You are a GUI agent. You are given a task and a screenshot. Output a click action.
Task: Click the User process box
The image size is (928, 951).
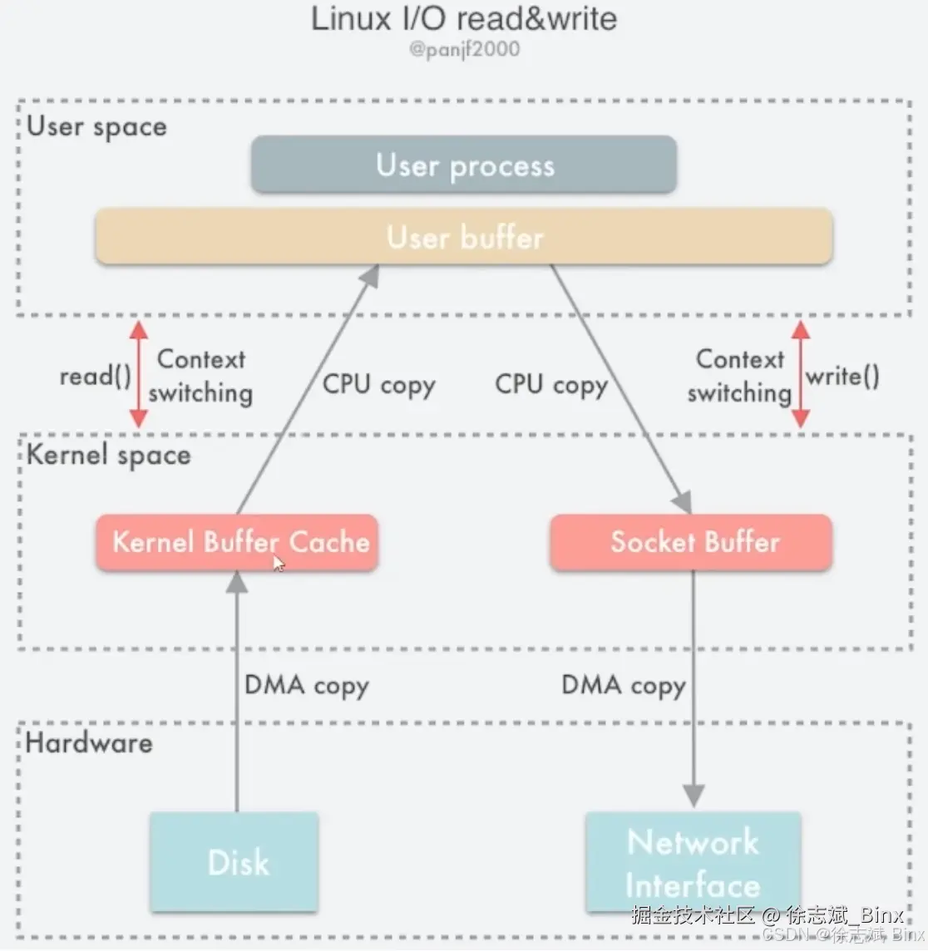(x=464, y=165)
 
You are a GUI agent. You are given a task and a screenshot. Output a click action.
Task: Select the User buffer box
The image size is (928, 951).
(x=464, y=237)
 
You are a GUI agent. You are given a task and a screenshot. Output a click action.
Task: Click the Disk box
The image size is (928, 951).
(x=234, y=862)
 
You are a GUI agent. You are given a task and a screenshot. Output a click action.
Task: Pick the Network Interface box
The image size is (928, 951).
(x=693, y=862)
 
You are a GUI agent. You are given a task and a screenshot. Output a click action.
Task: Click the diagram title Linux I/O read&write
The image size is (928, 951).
(x=464, y=18)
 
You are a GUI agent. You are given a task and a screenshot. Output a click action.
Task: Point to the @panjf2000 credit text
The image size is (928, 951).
(x=464, y=49)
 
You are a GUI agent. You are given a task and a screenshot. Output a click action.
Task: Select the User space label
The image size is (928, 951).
(x=96, y=126)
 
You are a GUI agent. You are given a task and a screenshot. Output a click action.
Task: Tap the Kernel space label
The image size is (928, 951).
(x=108, y=455)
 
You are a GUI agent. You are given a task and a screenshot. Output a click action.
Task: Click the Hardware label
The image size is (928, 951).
(x=89, y=742)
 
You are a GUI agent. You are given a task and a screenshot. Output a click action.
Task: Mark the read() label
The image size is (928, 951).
(x=95, y=376)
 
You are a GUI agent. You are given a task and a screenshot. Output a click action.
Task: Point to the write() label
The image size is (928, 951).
(x=842, y=376)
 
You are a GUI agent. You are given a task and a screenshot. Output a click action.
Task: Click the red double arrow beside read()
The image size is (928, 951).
(x=139, y=374)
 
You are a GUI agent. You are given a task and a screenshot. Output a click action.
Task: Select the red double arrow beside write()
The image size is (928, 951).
(x=800, y=374)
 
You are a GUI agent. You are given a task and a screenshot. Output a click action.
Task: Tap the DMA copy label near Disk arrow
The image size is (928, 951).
(x=306, y=685)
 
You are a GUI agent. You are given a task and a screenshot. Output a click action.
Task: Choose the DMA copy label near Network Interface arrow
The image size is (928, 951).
(x=624, y=685)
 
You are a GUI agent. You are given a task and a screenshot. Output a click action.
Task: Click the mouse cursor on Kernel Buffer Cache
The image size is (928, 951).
(x=279, y=564)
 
